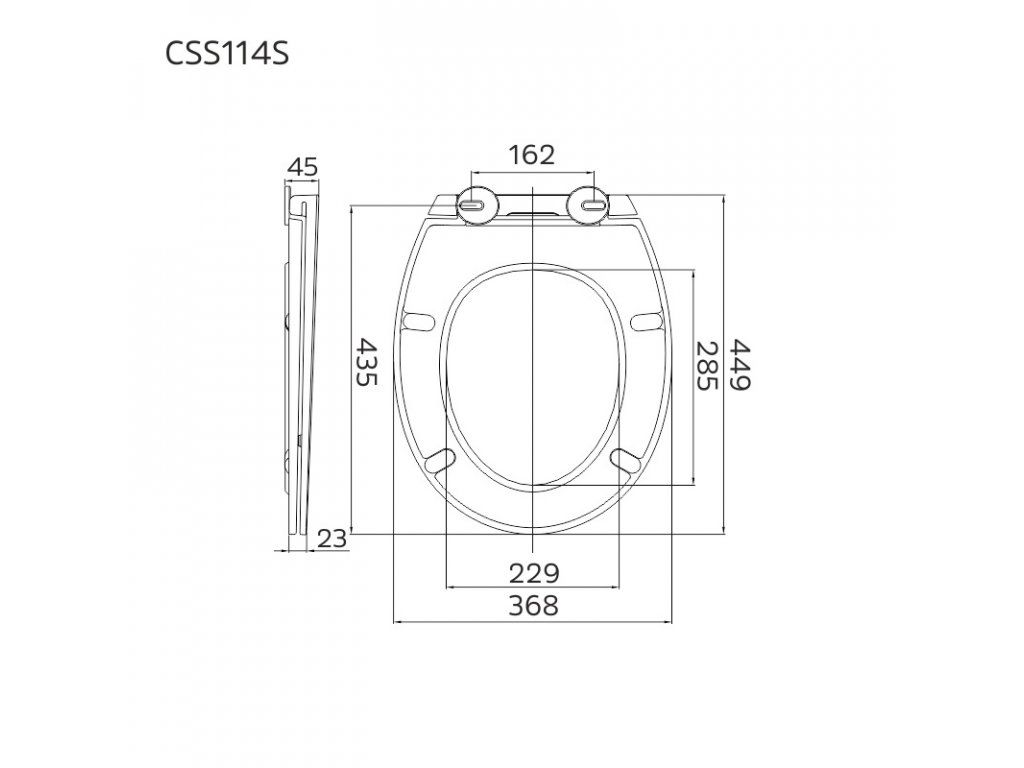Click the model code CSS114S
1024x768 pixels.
click(227, 54)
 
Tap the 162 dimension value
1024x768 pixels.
click(532, 155)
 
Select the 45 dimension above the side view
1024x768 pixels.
click(302, 167)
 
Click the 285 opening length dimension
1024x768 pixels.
click(707, 366)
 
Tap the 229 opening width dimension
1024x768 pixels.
click(534, 573)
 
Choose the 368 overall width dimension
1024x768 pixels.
click(534, 605)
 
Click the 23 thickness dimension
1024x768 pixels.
click(332, 539)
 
